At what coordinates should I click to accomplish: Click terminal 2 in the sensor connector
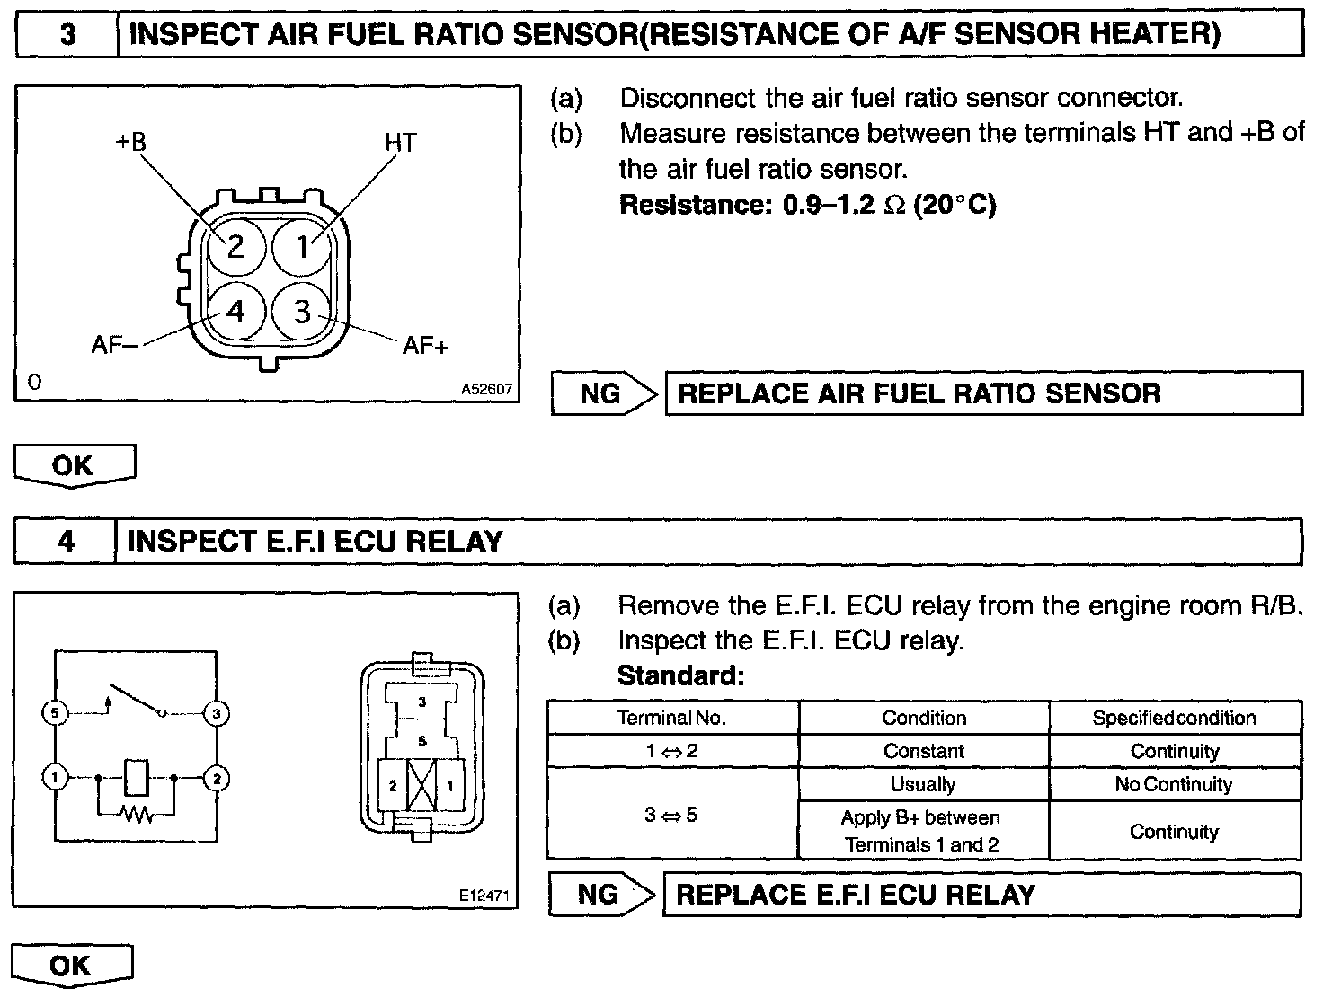(x=235, y=245)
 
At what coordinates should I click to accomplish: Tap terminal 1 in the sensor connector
(x=302, y=245)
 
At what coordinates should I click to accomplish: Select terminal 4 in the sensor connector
(x=235, y=312)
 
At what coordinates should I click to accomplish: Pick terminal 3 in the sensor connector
(x=302, y=312)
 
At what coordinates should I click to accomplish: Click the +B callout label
(x=130, y=142)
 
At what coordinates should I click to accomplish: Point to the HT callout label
(x=400, y=143)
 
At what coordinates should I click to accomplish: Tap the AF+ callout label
(x=425, y=346)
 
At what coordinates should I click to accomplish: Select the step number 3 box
(x=67, y=35)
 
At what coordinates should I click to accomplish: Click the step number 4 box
(x=66, y=542)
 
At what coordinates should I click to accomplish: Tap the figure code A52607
(x=486, y=390)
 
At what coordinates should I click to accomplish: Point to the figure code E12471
(x=484, y=896)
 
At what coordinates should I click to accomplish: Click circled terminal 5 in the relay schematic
(x=56, y=714)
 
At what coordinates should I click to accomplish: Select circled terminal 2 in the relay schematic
(x=217, y=778)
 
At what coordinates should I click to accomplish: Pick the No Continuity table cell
(x=1174, y=784)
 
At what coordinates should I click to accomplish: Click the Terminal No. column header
(x=672, y=718)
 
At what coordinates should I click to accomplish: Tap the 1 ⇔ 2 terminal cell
(x=672, y=751)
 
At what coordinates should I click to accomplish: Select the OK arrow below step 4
(x=72, y=966)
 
